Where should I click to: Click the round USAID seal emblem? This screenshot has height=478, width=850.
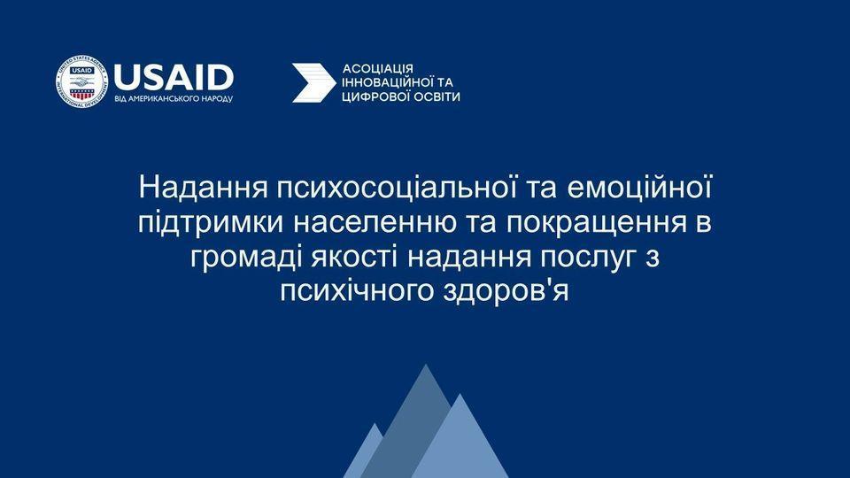click(x=81, y=81)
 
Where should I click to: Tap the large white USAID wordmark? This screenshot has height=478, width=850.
click(x=174, y=78)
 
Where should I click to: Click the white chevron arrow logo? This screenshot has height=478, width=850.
click(x=313, y=82)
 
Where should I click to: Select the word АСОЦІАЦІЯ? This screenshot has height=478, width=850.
click(x=378, y=69)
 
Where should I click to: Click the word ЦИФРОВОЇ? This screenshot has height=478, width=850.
click(x=375, y=97)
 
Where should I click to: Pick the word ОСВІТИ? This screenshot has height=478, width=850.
click(x=436, y=97)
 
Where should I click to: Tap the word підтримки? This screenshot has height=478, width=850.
click(x=211, y=223)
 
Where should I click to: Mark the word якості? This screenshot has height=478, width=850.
click(x=354, y=258)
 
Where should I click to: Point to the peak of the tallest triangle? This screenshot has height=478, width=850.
click(x=426, y=364)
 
